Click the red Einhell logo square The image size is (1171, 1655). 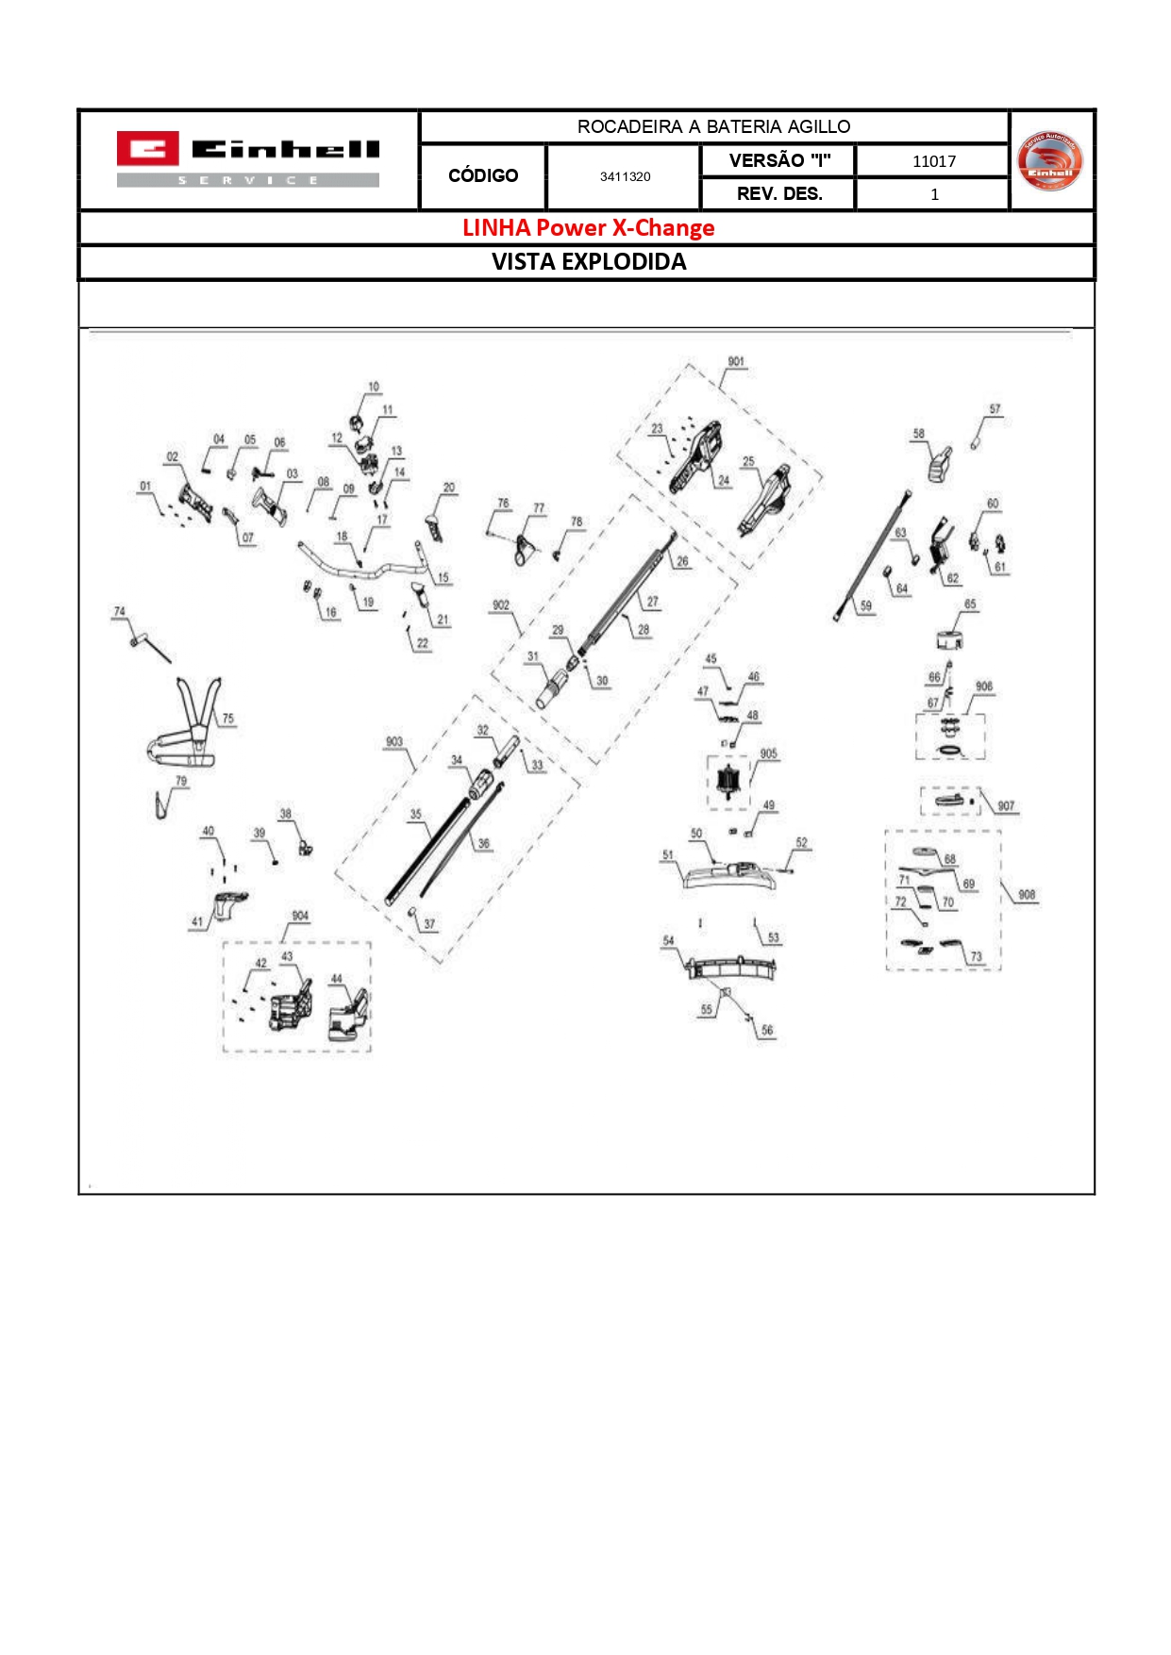point(146,149)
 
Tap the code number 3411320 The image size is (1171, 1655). point(625,176)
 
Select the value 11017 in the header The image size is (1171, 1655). point(933,161)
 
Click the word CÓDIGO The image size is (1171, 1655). point(483,175)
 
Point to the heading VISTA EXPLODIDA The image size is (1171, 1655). point(588,262)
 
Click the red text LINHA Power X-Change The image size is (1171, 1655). point(588,228)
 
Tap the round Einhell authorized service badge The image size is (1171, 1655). point(1050,160)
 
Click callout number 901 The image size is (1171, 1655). point(735,362)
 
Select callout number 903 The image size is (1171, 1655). point(393,742)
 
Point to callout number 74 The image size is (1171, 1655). point(119,612)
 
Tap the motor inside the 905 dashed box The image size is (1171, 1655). point(728,783)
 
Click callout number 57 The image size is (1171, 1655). point(995,409)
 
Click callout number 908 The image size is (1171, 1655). point(1026,895)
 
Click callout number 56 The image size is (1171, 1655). point(766,1031)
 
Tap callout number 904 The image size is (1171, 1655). point(299,916)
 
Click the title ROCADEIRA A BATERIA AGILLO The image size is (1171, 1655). point(713,126)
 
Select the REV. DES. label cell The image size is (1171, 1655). point(778,194)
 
